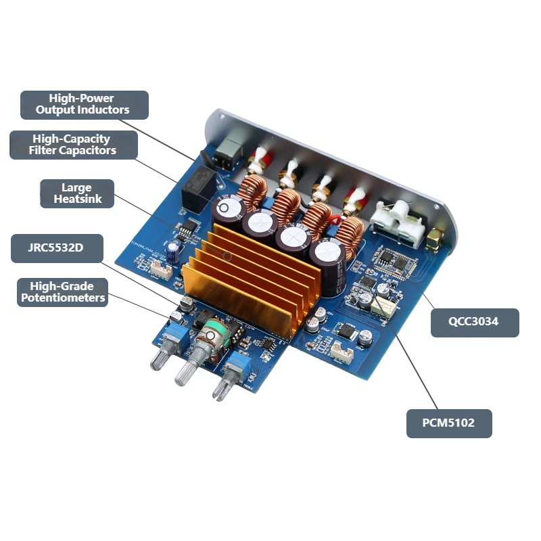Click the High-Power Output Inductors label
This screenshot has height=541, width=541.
[85, 105]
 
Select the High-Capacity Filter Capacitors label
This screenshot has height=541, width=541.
[74, 145]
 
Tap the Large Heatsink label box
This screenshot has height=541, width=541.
[77, 193]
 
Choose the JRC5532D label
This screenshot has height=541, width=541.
[57, 248]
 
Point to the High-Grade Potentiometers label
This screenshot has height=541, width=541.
[62, 292]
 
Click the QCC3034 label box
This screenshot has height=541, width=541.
[475, 323]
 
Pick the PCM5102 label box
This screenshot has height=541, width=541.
[449, 423]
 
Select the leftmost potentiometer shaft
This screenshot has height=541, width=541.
[161, 357]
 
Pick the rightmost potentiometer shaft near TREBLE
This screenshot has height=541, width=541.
[224, 385]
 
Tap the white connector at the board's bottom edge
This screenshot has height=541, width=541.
[342, 354]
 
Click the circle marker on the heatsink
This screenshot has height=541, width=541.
[227, 256]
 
